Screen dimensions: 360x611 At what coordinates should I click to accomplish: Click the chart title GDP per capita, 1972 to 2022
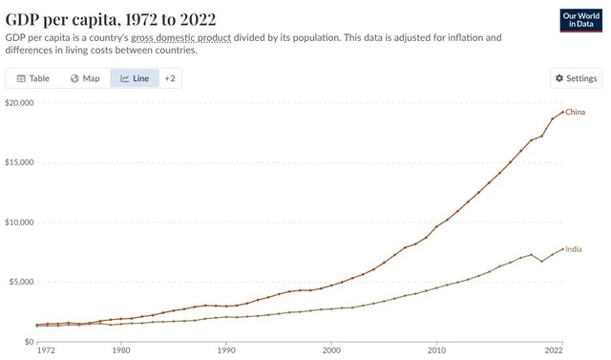(110, 19)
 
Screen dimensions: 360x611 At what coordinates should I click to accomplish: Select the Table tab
(32, 78)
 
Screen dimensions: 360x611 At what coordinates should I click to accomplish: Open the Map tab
(85, 78)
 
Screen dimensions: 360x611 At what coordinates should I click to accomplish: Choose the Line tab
(134, 78)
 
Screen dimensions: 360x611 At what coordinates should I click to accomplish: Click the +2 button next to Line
(170, 78)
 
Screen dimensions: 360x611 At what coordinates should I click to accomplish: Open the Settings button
(576, 78)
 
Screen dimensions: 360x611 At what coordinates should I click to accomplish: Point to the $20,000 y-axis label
(18, 103)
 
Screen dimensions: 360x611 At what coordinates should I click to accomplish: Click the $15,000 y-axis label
(18, 162)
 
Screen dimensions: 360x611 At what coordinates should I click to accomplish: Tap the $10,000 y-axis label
(18, 222)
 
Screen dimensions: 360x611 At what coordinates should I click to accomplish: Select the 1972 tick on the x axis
(45, 350)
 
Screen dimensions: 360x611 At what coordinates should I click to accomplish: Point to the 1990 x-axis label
(226, 350)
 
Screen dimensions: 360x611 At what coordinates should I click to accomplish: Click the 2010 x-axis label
(436, 350)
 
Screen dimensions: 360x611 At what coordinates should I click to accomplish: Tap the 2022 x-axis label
(561, 350)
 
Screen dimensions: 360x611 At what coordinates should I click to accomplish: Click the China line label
(575, 113)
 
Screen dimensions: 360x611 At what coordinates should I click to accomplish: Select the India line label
(574, 249)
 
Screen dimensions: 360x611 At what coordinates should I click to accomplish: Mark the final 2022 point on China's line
(562, 112)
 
